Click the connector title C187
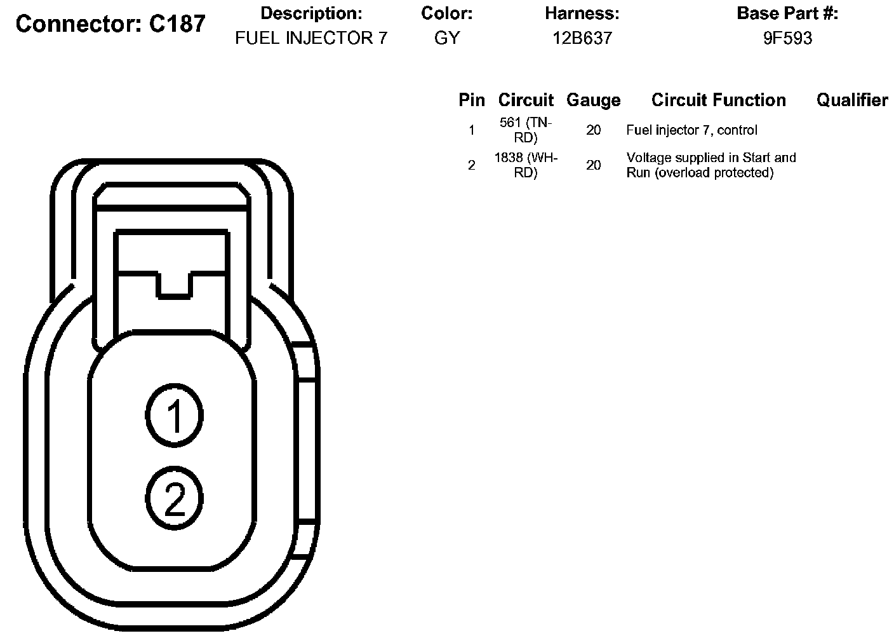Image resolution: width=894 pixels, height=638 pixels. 110,24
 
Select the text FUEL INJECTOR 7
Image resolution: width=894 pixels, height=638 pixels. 311,38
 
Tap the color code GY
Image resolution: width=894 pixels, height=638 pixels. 447,38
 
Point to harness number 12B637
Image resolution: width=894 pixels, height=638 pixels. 582,38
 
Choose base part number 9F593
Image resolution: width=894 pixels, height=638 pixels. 787,38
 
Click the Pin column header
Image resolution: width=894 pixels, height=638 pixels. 472,100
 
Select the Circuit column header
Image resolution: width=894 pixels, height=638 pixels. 526,100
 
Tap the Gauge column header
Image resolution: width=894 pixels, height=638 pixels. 594,100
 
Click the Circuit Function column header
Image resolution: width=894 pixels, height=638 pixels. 718,100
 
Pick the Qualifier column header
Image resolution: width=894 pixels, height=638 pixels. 852,100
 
